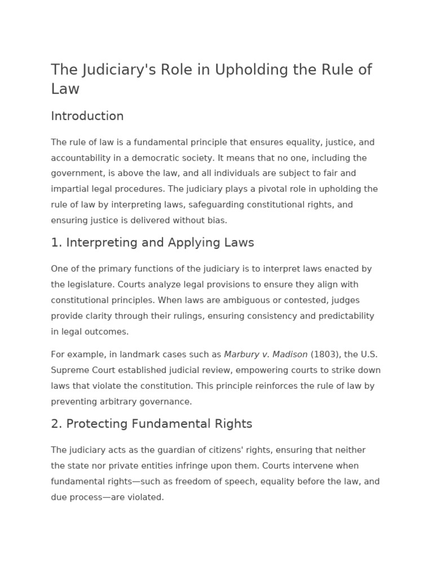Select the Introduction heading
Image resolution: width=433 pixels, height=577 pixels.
point(87,116)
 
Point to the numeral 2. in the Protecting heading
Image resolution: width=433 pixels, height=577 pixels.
point(56,424)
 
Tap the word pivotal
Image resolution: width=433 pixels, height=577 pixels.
point(251,189)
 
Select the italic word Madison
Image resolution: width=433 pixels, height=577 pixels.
point(290,354)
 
